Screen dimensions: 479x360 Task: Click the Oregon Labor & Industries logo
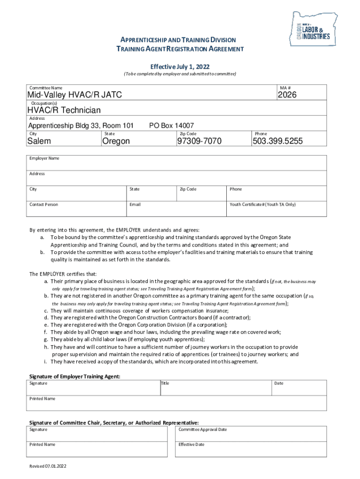point(314,29)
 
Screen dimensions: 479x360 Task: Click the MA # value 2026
point(287,95)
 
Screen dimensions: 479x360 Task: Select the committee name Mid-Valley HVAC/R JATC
point(75,95)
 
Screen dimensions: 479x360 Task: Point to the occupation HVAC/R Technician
point(64,110)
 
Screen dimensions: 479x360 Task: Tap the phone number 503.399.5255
point(277,141)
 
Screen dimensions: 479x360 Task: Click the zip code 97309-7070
point(199,141)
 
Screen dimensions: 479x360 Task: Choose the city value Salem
point(39,141)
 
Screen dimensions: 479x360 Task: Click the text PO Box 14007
point(171,125)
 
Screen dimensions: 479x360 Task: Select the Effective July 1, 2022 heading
point(180,66)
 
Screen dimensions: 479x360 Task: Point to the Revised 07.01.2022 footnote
point(48,466)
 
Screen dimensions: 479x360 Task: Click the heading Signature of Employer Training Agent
point(75,376)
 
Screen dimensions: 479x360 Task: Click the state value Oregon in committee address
point(116,141)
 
